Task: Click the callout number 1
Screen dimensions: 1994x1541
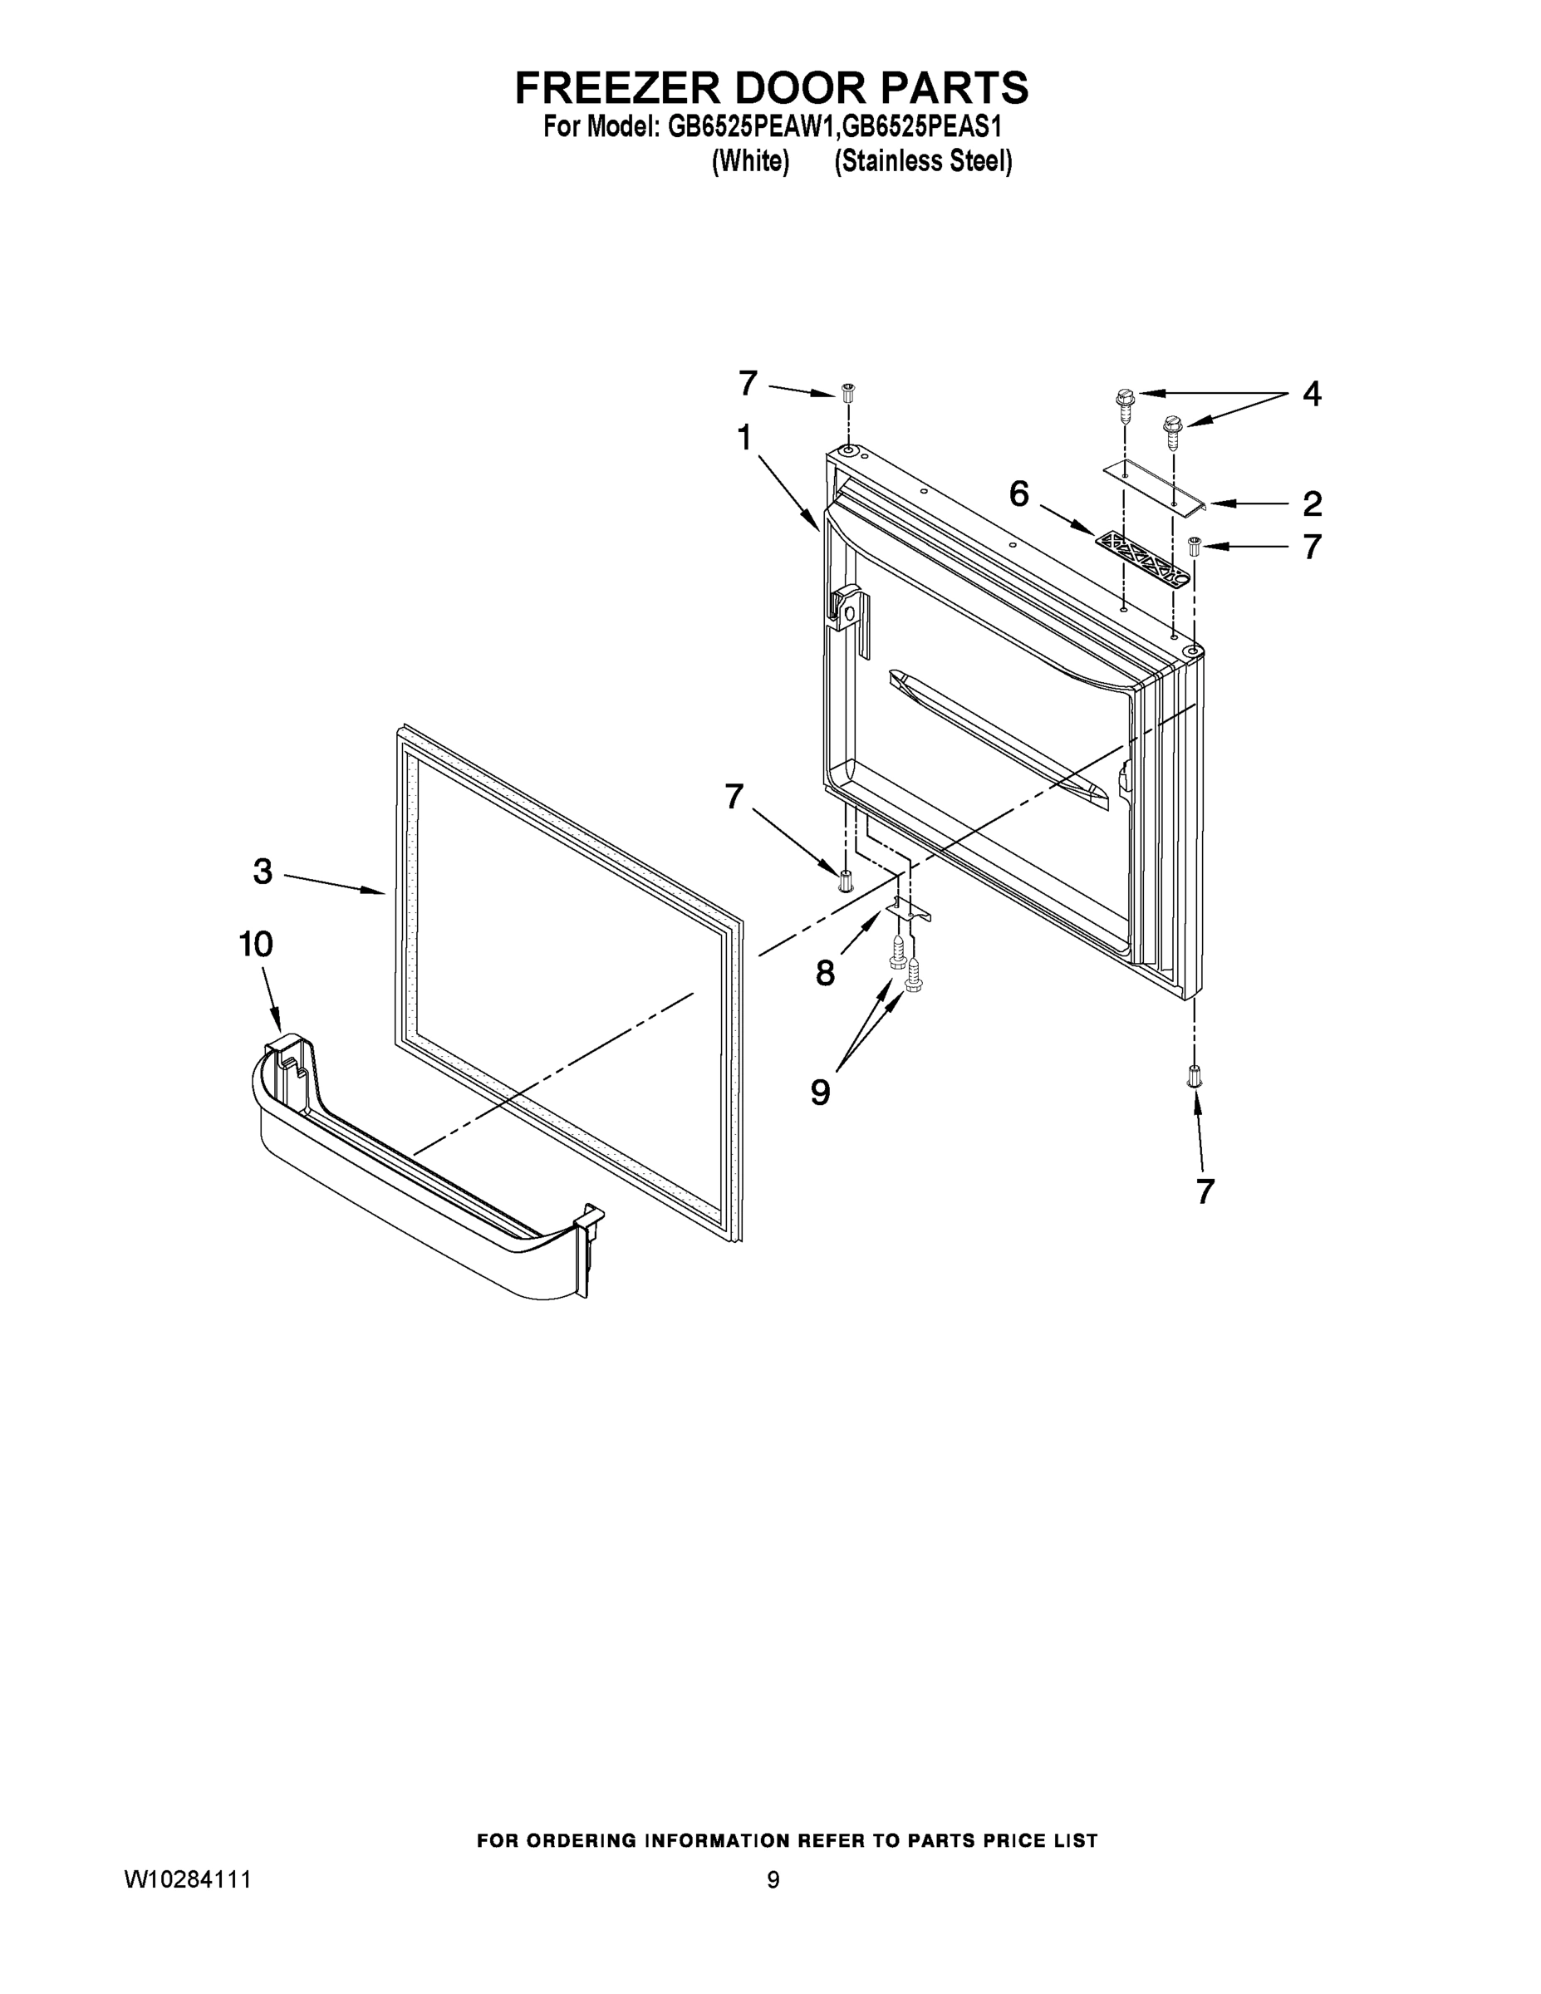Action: pyautogui.click(x=744, y=440)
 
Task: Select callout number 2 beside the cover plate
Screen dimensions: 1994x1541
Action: pyautogui.click(x=1312, y=504)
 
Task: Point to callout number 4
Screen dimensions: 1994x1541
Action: pyautogui.click(x=1311, y=395)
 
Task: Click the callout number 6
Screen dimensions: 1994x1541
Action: pyautogui.click(x=1018, y=495)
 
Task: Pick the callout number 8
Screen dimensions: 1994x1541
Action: pyautogui.click(x=825, y=973)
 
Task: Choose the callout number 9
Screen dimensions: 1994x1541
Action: pyautogui.click(x=821, y=1091)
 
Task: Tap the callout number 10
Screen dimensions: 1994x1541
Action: pyautogui.click(x=257, y=944)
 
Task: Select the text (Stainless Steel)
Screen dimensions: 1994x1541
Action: pyautogui.click(x=923, y=162)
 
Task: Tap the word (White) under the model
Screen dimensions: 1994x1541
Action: pyautogui.click(x=750, y=162)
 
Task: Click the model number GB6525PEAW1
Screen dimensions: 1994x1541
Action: pyautogui.click(x=751, y=126)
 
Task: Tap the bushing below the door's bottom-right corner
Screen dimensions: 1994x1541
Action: pyautogui.click(x=1194, y=1076)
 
